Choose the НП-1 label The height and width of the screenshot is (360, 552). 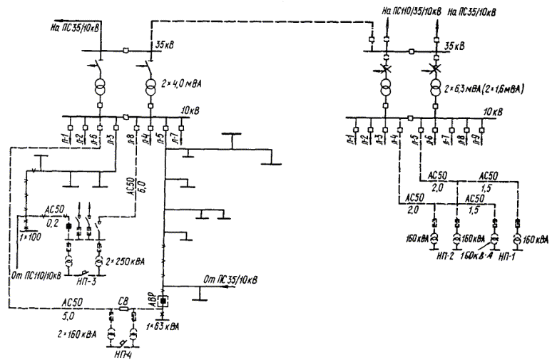[507, 255]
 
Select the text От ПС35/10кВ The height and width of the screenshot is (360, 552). [230, 278]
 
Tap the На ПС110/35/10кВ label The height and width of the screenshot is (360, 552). [412, 11]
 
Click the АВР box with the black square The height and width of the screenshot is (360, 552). [163, 302]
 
